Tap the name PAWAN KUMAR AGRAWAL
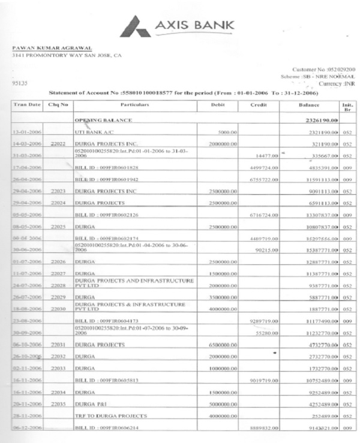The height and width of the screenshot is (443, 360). tap(53, 48)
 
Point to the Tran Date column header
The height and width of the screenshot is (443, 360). tap(26, 105)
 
